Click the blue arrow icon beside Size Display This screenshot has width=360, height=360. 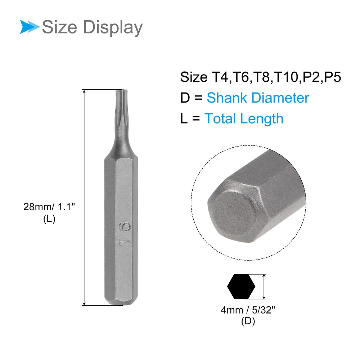point(30,27)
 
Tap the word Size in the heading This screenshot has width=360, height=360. point(59,27)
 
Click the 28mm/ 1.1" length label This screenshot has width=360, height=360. point(49,207)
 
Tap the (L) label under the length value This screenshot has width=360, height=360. point(49,219)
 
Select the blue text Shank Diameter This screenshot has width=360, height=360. point(258,98)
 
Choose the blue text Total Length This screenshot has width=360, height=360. point(244,119)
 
